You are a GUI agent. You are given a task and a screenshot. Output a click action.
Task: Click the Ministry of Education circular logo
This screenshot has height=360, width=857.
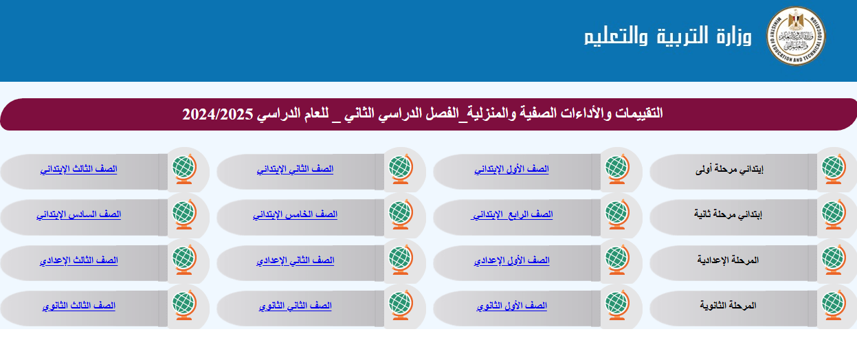(x=796, y=36)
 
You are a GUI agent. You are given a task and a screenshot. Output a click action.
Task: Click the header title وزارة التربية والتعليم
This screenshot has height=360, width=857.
(x=667, y=36)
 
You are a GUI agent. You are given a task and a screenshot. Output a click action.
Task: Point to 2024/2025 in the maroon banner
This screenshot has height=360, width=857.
(x=218, y=114)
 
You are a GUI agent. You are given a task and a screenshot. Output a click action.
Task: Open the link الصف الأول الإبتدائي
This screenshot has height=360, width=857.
(x=511, y=169)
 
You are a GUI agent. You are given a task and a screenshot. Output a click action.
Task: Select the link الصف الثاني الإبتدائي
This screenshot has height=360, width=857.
(x=295, y=169)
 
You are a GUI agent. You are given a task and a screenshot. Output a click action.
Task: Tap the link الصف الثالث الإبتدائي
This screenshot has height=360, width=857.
(x=78, y=169)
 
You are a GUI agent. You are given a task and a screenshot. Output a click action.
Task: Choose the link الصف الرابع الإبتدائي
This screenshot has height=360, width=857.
(x=511, y=214)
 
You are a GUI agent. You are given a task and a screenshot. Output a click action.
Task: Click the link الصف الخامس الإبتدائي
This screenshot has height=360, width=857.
(x=295, y=214)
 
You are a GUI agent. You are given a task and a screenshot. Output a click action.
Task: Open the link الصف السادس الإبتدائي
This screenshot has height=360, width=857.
(x=78, y=214)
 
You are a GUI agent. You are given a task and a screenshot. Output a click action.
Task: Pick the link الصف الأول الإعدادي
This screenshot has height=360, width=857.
(x=511, y=260)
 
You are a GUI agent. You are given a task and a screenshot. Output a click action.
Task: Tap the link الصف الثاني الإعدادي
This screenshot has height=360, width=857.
(x=295, y=260)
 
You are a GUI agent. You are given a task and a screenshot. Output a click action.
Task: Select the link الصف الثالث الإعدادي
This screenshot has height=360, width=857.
(x=78, y=260)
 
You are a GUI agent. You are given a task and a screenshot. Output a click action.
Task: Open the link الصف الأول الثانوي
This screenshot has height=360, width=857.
(x=511, y=306)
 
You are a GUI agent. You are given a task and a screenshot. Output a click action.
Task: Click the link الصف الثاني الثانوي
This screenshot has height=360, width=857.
(x=295, y=306)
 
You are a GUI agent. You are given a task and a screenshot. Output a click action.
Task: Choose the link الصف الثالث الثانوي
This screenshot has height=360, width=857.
(x=78, y=306)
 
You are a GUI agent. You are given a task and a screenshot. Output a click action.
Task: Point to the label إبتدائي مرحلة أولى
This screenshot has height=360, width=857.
(x=729, y=169)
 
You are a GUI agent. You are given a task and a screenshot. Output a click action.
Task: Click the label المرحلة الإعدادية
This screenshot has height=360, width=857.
(x=728, y=260)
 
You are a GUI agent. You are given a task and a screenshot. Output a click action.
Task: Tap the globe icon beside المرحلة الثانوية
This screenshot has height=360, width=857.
(x=834, y=305)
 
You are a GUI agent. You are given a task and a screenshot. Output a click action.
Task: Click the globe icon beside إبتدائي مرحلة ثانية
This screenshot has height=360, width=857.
(x=834, y=214)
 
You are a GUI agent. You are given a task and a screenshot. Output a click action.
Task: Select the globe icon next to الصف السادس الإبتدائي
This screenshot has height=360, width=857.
(x=184, y=214)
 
